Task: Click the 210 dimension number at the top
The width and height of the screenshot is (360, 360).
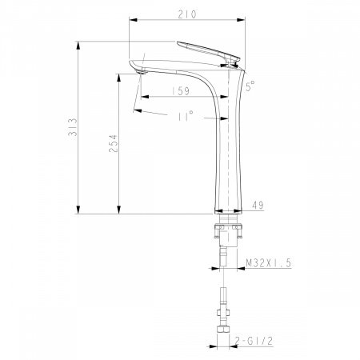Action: pyautogui.click(x=188, y=14)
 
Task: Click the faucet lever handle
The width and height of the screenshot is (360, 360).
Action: pyautogui.click(x=210, y=50)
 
